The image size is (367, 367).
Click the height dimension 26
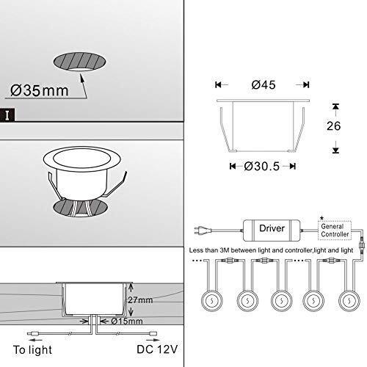pyautogui.click(x=335, y=125)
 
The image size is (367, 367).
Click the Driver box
pyautogui.click(x=267, y=228)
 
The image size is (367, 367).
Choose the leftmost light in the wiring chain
pyautogui.click(x=209, y=299)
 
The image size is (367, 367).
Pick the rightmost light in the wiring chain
pyautogui.click(x=347, y=299)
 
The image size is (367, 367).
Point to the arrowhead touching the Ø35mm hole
pyautogui.click(x=82, y=73)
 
